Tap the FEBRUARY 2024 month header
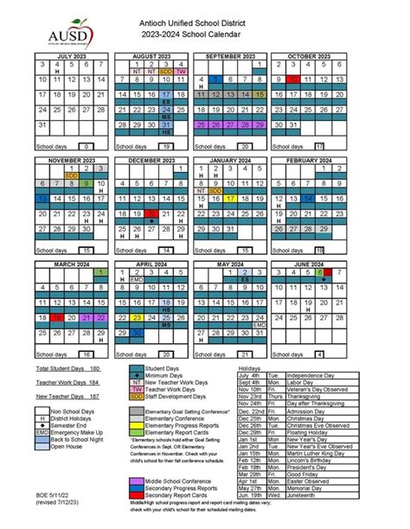point(302,161)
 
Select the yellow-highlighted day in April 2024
point(137,317)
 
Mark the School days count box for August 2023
point(165,147)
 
